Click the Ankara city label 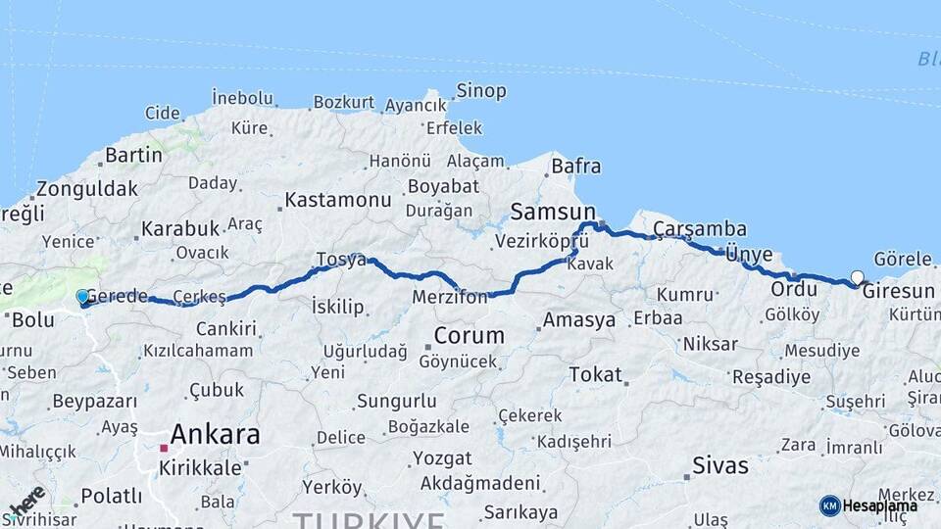216,434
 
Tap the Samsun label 553,212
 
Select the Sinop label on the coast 480,91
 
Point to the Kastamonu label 338,200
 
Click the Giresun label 898,292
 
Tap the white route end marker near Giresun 858,277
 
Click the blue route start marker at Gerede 82,296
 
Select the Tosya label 341,260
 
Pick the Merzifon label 450,297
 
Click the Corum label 469,335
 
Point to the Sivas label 720,464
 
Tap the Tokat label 595,374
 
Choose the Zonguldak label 87,189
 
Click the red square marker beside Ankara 164,448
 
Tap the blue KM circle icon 829,505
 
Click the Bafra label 575,166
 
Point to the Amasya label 579,320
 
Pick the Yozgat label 441,458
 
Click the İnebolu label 242,97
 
